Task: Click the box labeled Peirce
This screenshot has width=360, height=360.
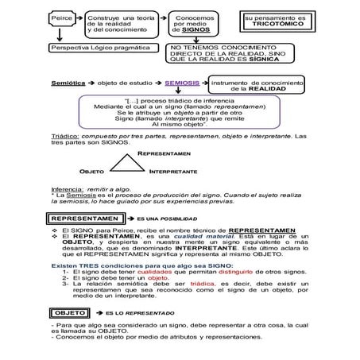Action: click(61, 17)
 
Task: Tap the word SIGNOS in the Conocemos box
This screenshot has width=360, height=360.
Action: click(195, 30)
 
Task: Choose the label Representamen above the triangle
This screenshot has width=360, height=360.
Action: click(164, 151)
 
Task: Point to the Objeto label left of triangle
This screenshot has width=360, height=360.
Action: click(92, 171)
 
